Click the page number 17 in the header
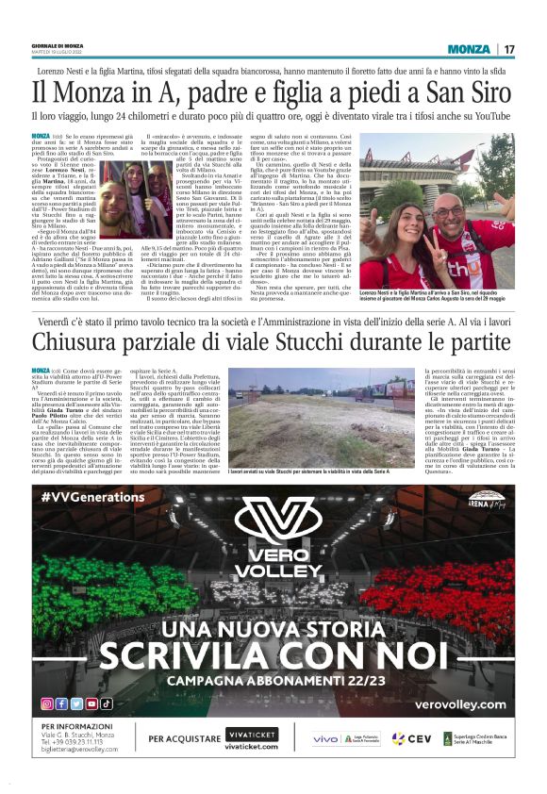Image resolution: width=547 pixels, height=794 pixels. (x=509, y=49)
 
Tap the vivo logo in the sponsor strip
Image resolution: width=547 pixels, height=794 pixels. (x=325, y=738)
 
